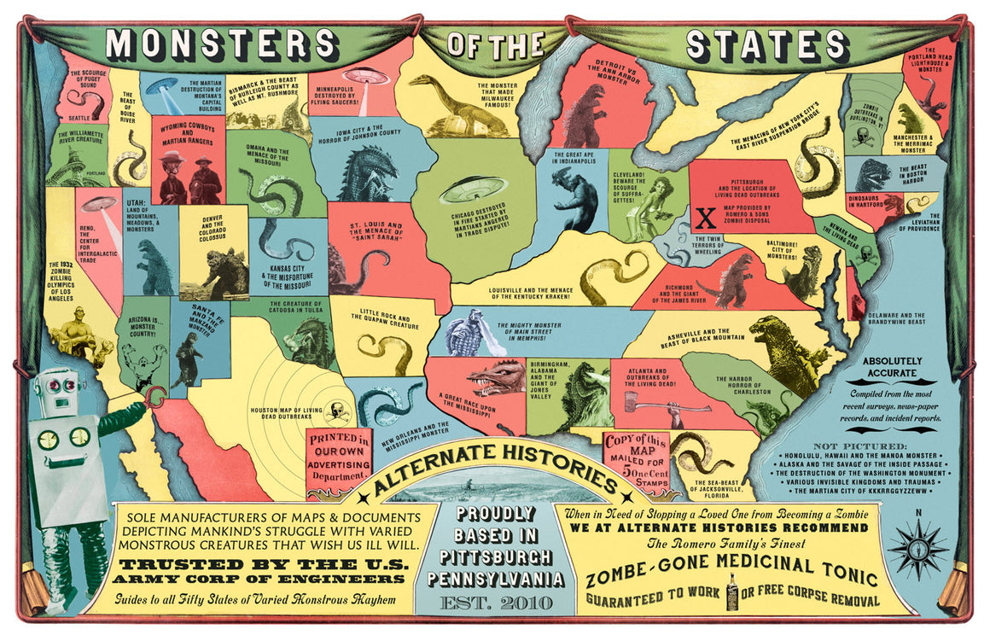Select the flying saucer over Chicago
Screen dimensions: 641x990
473,189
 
